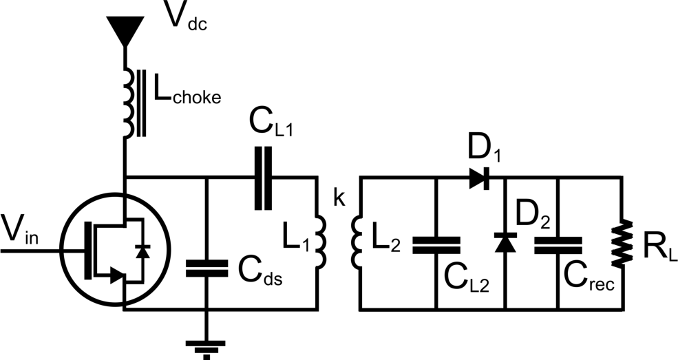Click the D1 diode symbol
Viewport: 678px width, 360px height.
[480, 178]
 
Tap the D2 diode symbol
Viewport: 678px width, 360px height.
[505, 243]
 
